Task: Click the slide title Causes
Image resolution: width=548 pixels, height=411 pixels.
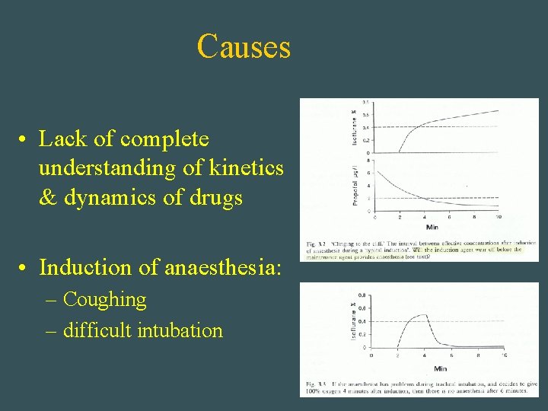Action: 244,46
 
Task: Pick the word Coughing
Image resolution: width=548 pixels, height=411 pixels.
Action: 104,300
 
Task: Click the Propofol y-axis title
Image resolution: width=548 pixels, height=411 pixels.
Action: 355,186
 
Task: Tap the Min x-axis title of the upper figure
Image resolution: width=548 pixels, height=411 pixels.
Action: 432,227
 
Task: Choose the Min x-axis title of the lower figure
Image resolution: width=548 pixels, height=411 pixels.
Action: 440,368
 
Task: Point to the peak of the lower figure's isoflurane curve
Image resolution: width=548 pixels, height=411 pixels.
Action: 423,315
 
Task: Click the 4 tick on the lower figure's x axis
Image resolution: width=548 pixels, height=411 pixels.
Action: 425,355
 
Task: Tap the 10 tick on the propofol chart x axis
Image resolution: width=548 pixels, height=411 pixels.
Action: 499,217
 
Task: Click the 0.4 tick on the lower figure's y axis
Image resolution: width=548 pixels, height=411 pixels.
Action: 362,320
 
